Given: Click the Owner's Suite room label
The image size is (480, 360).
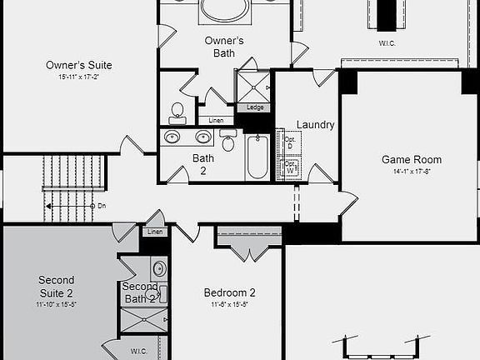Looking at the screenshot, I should [79, 65].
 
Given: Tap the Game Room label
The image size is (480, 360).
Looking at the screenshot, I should [412, 159].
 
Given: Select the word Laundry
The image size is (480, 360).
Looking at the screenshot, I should [315, 125].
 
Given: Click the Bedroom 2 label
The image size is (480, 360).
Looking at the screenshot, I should [229, 292].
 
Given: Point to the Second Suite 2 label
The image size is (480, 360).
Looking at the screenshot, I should [56, 286].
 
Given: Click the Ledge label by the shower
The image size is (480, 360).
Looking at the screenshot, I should [254, 107].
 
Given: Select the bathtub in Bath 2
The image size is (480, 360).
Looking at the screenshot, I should [257, 157].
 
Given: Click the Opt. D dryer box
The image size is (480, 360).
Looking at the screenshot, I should [291, 142].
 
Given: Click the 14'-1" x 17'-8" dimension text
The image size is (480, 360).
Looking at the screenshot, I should [411, 172].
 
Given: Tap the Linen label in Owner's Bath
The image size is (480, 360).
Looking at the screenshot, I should [216, 121].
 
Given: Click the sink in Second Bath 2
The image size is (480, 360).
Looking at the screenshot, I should [159, 268].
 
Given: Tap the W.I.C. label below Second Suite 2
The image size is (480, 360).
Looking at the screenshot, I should [139, 352].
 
